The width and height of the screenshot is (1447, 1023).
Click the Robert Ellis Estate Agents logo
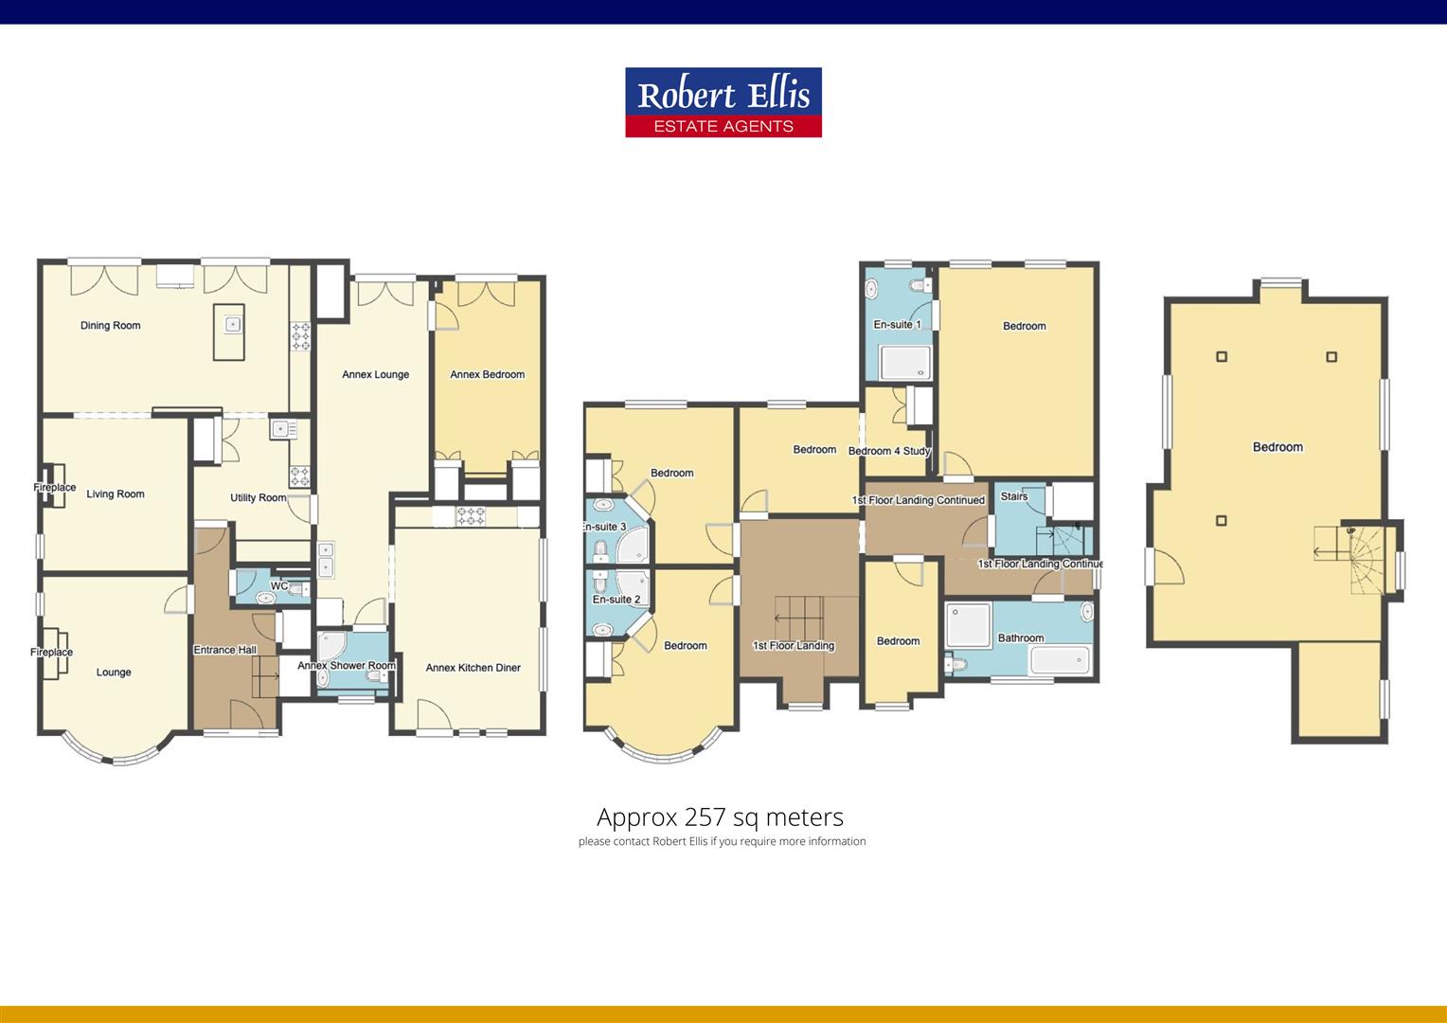[x=723, y=102]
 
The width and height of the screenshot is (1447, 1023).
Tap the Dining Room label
[x=110, y=326]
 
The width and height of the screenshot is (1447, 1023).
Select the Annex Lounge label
[x=375, y=375]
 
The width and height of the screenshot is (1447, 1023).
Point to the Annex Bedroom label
[x=487, y=375]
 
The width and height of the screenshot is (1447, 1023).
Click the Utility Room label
[x=258, y=498]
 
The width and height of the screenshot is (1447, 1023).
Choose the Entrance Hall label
[x=224, y=650]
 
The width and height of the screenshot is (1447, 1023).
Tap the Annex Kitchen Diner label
[x=473, y=668]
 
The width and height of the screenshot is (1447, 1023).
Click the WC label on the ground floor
[x=278, y=586]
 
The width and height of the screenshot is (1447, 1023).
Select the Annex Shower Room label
[x=346, y=666]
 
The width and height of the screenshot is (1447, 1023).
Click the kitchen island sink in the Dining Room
[x=231, y=324]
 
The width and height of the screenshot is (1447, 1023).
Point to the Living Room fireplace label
[x=54, y=488]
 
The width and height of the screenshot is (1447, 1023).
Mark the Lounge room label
[x=114, y=673]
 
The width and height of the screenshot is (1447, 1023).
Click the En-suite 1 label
[x=896, y=325]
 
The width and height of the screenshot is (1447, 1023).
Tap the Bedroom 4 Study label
[x=888, y=451]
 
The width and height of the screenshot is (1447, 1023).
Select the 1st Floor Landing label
[x=793, y=646]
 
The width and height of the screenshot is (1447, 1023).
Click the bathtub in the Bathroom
[x=1061, y=659]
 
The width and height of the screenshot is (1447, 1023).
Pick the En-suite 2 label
[x=616, y=600]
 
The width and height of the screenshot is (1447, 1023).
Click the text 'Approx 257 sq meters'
[x=720, y=817]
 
